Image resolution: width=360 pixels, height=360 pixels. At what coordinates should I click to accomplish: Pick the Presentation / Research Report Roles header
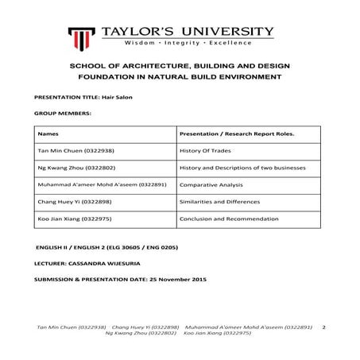[226, 134]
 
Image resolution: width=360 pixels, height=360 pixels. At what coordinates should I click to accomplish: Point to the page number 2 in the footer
[324, 327]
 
